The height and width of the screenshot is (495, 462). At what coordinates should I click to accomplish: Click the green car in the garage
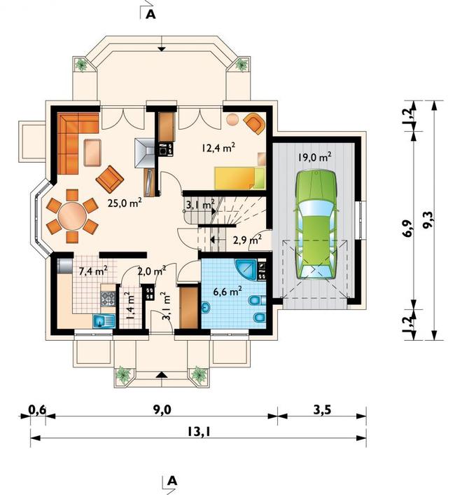tap(316, 225)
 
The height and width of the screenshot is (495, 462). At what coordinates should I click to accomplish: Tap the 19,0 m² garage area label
tap(315, 157)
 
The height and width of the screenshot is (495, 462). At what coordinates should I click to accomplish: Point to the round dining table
tap(72, 217)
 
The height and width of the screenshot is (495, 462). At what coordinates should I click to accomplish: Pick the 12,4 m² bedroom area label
tap(218, 147)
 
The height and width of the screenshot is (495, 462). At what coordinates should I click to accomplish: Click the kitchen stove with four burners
tap(108, 299)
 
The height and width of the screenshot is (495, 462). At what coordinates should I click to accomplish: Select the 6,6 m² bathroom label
tap(227, 292)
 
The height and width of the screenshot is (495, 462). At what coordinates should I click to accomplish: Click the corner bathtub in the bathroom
tap(248, 269)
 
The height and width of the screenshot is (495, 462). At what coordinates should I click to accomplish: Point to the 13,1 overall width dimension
tap(199, 431)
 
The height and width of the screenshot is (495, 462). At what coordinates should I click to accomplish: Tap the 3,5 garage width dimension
tap(322, 410)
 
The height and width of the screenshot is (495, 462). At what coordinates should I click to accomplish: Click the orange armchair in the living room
tap(109, 179)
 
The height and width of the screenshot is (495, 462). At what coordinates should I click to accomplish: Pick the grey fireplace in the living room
tap(145, 153)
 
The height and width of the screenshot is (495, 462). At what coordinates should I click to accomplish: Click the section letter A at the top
tap(151, 15)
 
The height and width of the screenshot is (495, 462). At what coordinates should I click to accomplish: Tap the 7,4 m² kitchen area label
tap(93, 271)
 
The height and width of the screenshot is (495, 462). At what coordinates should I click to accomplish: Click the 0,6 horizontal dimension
tap(37, 409)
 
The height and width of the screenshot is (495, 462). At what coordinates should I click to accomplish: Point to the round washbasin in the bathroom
tap(206, 308)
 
